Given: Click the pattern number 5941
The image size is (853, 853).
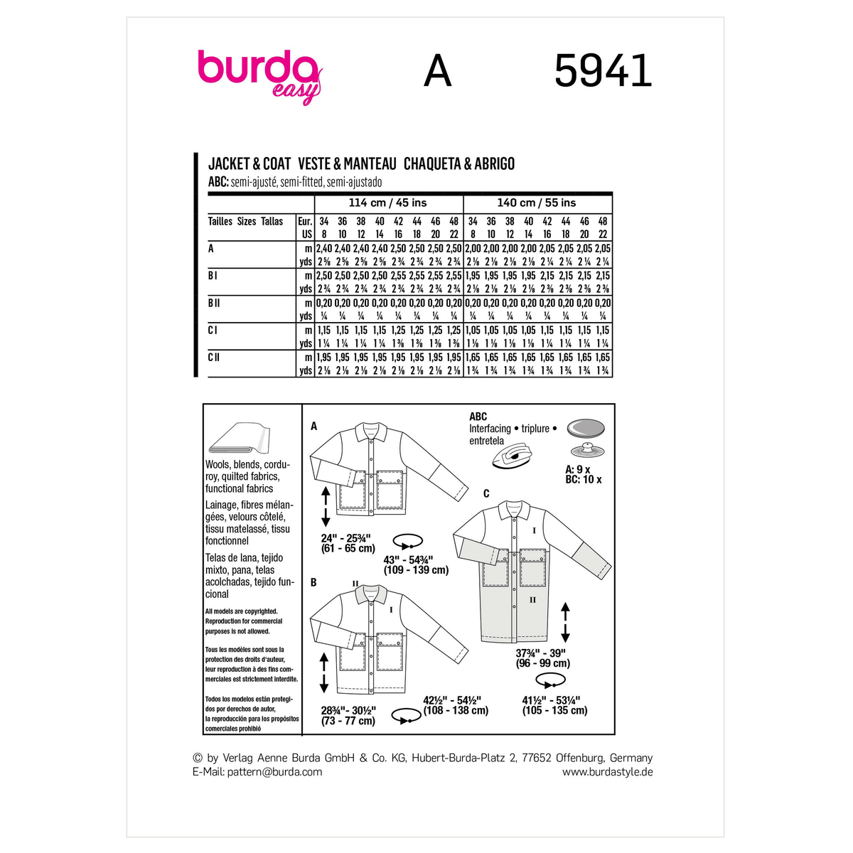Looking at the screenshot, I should pyautogui.click(x=602, y=72).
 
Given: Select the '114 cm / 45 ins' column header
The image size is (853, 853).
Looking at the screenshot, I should pyautogui.click(x=388, y=203).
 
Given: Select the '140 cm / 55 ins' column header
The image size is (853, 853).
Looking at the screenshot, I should pyautogui.click(x=537, y=203).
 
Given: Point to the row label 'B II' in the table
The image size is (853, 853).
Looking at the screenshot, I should pyautogui.click(x=214, y=303).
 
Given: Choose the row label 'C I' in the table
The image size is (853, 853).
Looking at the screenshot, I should pyautogui.click(x=213, y=330).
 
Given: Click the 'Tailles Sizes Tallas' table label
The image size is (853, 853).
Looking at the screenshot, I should pyautogui.click(x=245, y=222).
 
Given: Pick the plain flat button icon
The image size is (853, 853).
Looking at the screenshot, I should pyautogui.click(x=586, y=428).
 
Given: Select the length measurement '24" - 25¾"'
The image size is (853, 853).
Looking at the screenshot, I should pyautogui.click(x=348, y=537).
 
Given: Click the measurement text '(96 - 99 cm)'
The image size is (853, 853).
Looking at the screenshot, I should pyautogui.click(x=543, y=663).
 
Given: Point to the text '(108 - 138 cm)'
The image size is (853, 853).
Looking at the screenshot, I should pyautogui.click(x=456, y=710).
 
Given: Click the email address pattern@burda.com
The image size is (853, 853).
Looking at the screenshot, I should pyautogui.click(x=274, y=772).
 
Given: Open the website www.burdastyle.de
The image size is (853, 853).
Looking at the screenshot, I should pyautogui.click(x=607, y=772).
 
